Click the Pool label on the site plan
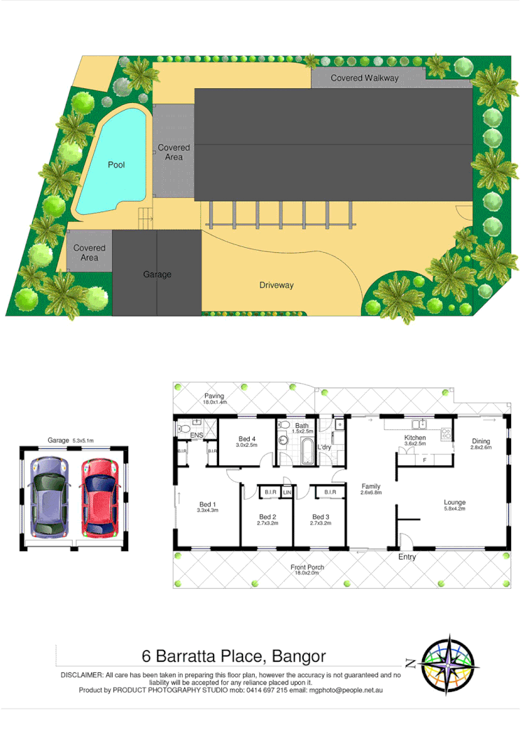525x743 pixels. [x=116, y=165]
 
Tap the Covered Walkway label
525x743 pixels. [x=364, y=78]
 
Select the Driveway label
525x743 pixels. [x=276, y=285]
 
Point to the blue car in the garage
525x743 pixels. [x=48, y=494]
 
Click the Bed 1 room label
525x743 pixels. [x=207, y=504]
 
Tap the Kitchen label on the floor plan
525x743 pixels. [x=415, y=438]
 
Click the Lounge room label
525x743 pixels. [x=454, y=502]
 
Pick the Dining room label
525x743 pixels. [x=481, y=441]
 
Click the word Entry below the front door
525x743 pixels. [x=407, y=557]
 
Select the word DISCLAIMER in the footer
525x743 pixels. [x=82, y=675]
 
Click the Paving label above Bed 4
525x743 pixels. [x=214, y=396]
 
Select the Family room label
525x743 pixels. [x=371, y=486]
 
